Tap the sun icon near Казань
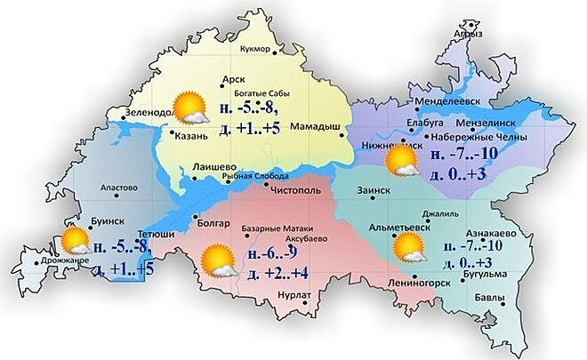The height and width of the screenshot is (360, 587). [189, 108]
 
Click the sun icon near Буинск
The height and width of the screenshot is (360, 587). [74, 242]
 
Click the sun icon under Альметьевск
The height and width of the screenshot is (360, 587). [410, 249]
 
